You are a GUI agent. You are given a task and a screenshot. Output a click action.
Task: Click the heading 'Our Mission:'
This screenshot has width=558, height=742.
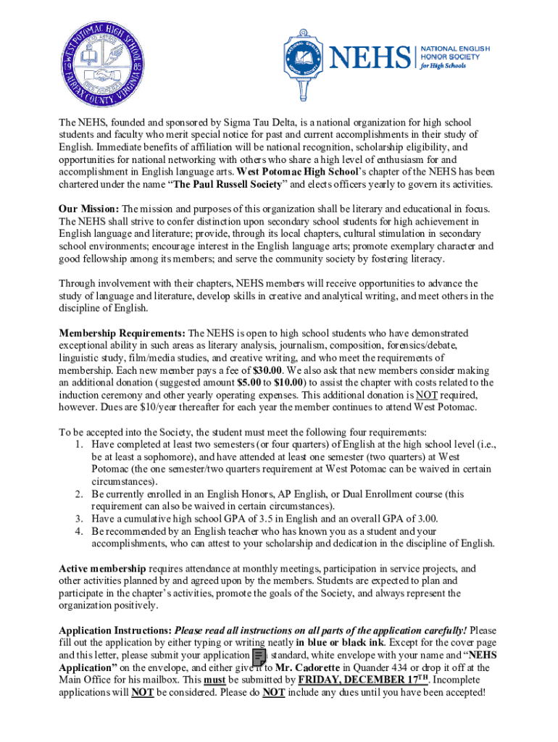[x=88, y=209]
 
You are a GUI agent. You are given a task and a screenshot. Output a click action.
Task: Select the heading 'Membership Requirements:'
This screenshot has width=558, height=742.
[x=122, y=333]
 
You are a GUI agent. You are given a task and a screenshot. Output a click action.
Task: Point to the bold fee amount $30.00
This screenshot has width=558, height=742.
[x=267, y=370]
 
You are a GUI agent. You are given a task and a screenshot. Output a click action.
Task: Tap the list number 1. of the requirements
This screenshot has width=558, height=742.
[x=78, y=444]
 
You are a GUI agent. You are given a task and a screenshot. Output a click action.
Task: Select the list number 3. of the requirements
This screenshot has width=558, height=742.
[x=78, y=518]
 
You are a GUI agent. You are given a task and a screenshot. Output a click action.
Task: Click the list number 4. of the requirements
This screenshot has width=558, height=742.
[x=78, y=530]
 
